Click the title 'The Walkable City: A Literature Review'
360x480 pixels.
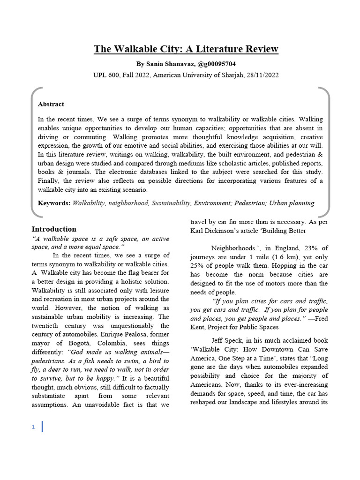pos(186,49)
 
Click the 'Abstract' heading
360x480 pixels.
pos(51,104)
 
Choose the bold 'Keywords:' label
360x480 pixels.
pos(54,203)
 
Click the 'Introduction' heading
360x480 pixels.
pos(53,229)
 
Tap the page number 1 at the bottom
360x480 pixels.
pos(33,427)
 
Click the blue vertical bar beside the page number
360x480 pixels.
pos(42,427)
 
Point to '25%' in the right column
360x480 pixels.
pos(198,266)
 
